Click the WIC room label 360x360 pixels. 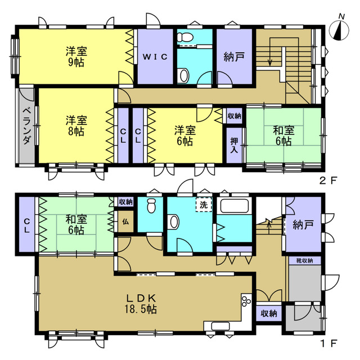click(x=155, y=57)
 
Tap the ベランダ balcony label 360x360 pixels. click(x=27, y=126)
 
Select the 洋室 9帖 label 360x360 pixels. click(x=76, y=56)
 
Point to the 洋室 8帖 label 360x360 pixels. click(x=76, y=126)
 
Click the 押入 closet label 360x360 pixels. click(x=234, y=145)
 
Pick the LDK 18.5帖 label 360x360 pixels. click(x=141, y=304)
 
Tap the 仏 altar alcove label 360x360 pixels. click(x=125, y=222)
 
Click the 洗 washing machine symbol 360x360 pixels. click(x=204, y=204)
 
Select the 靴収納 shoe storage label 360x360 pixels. click(x=304, y=261)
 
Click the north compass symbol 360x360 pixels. click(x=339, y=30)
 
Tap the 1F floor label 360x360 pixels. click(x=329, y=344)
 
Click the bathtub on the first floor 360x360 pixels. click(x=235, y=205)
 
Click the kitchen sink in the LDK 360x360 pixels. click(x=220, y=326)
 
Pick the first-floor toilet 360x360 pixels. click(x=151, y=205)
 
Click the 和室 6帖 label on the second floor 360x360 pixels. click(x=283, y=136)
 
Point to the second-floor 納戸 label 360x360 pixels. click(x=234, y=57)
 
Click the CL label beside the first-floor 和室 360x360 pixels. click(x=27, y=226)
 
